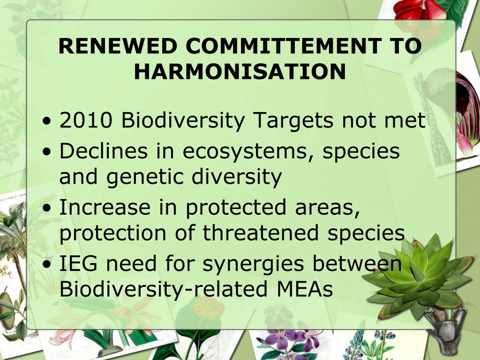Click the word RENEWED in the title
tap(118, 46)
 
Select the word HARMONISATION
tap(240, 72)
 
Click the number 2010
tap(86, 120)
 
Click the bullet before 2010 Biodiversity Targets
tap(47, 120)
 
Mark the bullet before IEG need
tap(47, 264)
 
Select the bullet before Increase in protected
tap(47, 208)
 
